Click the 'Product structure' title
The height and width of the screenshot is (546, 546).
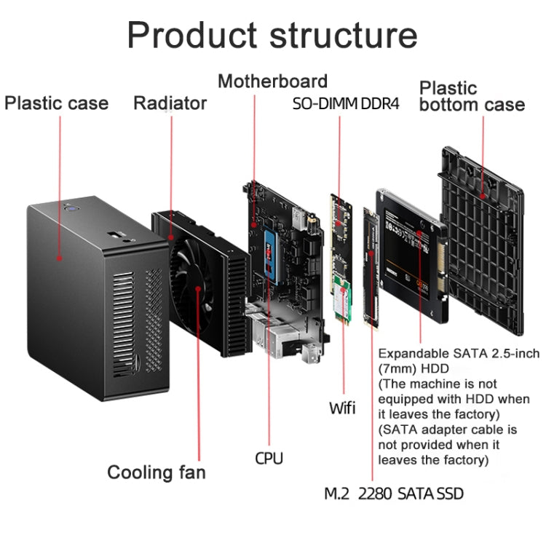point(272,36)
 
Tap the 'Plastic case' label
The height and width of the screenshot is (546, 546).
point(56,103)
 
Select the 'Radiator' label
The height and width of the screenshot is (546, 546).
point(170,103)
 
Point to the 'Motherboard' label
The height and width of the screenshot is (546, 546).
point(272,81)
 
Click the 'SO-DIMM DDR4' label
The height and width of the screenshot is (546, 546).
point(346,103)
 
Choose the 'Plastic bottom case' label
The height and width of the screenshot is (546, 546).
point(471,97)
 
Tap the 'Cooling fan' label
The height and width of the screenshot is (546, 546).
point(157,472)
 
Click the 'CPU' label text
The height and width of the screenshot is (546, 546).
point(269,458)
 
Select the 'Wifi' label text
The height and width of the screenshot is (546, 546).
point(341,407)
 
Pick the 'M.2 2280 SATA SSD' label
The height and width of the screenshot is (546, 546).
point(393,494)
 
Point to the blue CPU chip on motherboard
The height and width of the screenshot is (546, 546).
point(272,251)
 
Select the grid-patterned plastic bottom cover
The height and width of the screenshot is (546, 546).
point(482,240)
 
